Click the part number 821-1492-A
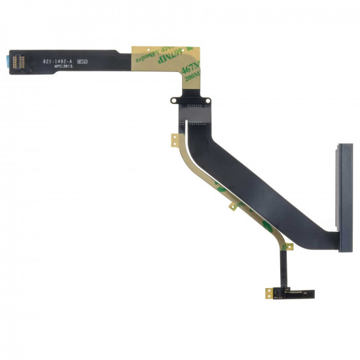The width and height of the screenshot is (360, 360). pyautogui.click(x=59, y=62)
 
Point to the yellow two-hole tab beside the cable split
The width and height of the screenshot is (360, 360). pyautogui.click(x=175, y=140)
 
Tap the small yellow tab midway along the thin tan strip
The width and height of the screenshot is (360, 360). pyautogui.click(x=232, y=207)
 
